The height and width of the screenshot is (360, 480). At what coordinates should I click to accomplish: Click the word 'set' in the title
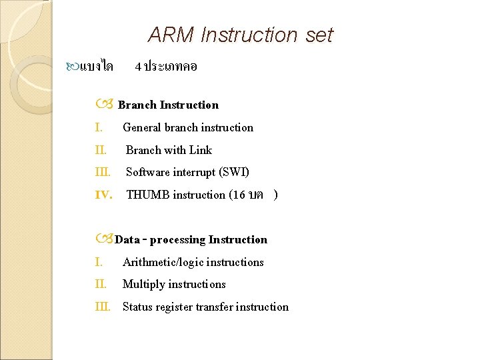319,35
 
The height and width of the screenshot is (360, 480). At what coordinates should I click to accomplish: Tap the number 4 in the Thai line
137,67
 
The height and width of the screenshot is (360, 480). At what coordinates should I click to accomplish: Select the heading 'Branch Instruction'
168,105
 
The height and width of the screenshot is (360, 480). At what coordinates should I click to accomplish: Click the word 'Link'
200,150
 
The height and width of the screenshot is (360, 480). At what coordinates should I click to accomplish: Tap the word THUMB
148,195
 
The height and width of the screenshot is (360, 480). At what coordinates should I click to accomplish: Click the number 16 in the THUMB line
239,195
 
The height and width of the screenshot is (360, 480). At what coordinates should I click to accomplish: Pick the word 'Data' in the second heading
127,240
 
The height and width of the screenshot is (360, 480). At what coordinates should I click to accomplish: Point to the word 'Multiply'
144,285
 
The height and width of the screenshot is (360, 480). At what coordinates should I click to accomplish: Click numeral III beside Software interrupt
103,172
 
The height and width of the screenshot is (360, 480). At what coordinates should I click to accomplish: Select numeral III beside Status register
103,307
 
